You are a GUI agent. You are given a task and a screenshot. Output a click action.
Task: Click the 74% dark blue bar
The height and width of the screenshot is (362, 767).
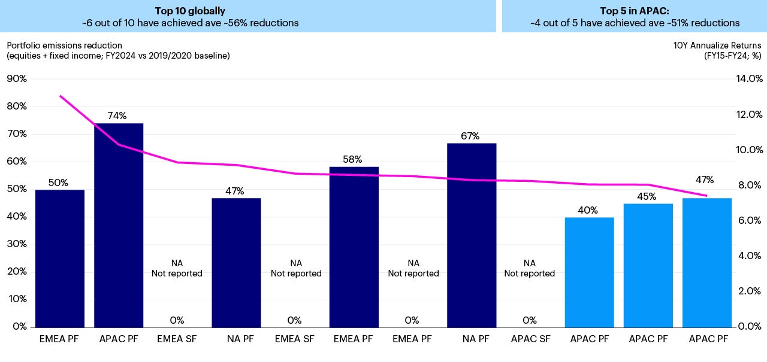[119, 224]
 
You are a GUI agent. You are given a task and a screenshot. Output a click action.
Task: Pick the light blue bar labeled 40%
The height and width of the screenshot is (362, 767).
[589, 272]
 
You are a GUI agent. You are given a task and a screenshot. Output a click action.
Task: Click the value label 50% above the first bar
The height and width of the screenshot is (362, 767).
[58, 183]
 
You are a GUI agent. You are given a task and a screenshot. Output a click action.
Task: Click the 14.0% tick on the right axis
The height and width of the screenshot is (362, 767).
[748, 78]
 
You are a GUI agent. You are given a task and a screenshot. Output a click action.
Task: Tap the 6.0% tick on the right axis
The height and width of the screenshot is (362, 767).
[748, 220]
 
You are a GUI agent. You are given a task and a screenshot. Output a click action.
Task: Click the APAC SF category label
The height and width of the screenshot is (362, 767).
[530, 339]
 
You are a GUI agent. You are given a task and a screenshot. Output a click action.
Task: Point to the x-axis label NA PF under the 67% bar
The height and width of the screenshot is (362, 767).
[471, 339]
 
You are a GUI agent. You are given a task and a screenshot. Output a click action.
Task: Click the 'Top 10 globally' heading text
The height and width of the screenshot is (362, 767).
[189, 11]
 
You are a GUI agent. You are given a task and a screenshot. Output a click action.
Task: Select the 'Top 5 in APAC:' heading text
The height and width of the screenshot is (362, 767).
[635, 11]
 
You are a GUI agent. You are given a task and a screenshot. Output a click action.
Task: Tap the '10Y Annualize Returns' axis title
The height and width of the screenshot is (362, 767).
[718, 45]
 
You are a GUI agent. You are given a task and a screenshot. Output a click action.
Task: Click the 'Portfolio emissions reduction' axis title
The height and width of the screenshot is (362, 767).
[64, 45]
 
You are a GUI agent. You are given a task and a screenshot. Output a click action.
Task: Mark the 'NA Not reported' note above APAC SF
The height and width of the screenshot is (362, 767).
[529, 268]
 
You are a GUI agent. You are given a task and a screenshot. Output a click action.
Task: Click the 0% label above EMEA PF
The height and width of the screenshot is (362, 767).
[412, 321]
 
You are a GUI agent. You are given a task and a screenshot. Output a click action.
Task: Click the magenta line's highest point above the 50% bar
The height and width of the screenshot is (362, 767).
[60, 96]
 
